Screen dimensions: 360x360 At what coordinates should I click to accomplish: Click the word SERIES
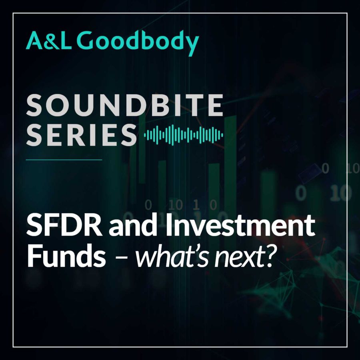(x=81, y=135)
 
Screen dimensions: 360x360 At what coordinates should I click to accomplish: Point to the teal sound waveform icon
(x=184, y=135)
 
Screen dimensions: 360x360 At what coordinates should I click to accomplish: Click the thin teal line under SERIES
(x=64, y=160)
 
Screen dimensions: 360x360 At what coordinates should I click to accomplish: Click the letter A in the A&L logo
(x=34, y=41)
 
